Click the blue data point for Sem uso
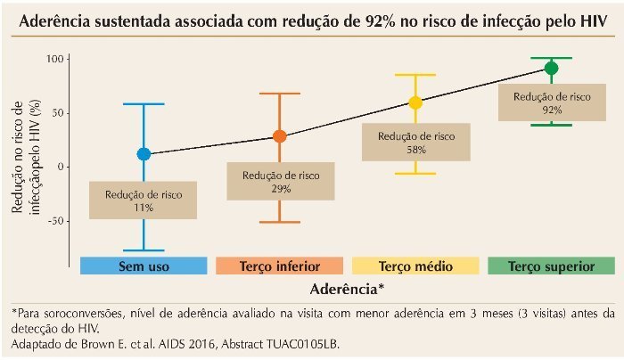[x=144, y=154]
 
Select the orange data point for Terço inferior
[x=280, y=136]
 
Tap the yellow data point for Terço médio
[x=415, y=102]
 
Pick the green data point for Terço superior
[x=551, y=69]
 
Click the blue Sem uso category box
[x=144, y=266]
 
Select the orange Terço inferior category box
[x=280, y=266]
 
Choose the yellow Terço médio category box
[x=415, y=266]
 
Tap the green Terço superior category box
[x=551, y=266]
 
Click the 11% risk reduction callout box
[x=144, y=200]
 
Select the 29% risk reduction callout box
[x=280, y=182]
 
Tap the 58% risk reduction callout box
[x=415, y=143]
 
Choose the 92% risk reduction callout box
[x=551, y=102]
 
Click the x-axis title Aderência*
[x=348, y=290]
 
